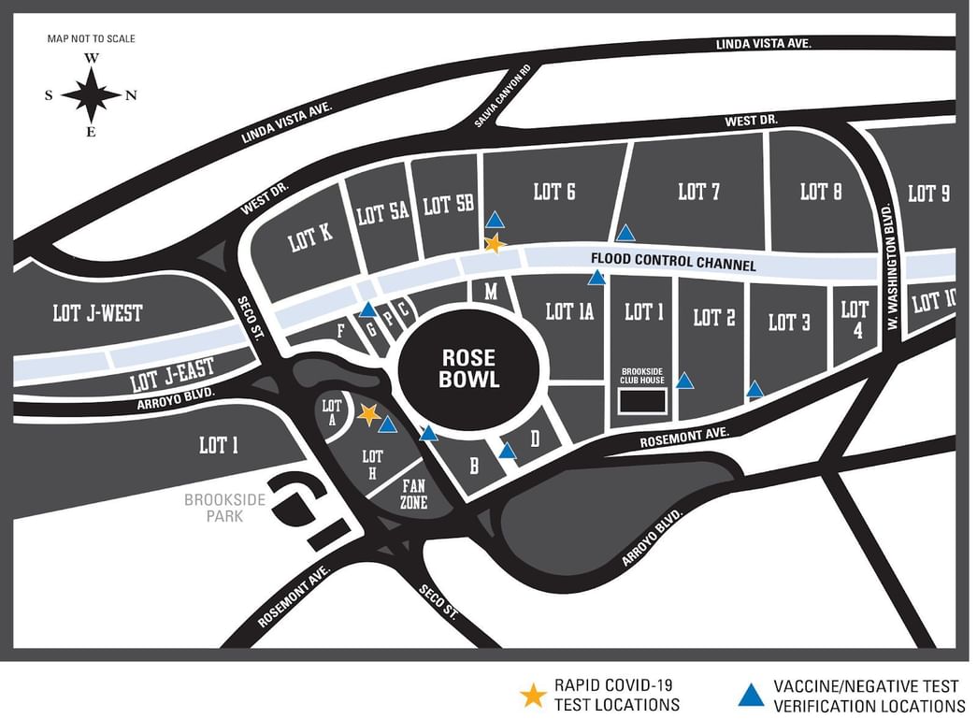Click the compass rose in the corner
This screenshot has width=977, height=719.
click(91, 95)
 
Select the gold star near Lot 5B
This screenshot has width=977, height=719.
click(495, 244)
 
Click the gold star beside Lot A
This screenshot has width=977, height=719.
click(368, 413)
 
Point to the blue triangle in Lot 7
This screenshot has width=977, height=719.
click(625, 233)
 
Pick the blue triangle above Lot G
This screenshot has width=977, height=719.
click(368, 309)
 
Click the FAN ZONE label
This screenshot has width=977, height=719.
click(414, 494)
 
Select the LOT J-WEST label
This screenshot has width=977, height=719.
click(98, 313)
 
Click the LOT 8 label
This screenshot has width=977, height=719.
click(821, 192)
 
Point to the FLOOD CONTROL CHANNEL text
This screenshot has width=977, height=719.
click(673, 261)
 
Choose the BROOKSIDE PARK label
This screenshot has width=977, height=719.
click(224, 508)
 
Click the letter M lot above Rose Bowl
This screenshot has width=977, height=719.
click(490, 292)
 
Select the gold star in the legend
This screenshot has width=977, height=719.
click(533, 695)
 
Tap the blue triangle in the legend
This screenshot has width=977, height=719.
click(750, 695)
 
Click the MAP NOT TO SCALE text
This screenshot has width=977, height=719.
click(91, 38)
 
